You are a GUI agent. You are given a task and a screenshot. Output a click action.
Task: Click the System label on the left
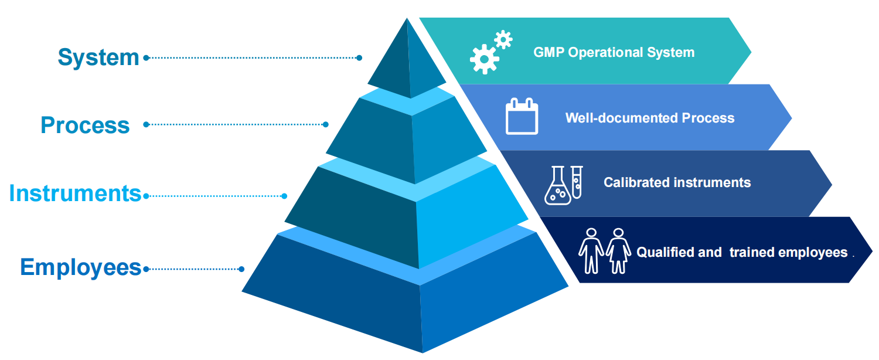coord(98,57)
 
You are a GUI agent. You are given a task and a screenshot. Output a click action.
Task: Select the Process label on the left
coord(85,125)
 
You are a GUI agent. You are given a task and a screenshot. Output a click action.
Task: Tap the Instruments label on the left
coord(76,193)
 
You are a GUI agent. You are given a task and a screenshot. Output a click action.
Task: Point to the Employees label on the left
coord(81,267)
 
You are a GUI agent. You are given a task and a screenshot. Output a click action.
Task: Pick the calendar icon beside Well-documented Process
coord(522,117)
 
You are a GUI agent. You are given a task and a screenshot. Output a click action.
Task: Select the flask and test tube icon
coord(563,185)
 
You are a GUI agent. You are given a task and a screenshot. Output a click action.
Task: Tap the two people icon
coord(604,250)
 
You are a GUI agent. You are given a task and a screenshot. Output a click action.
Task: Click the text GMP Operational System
coord(614,52)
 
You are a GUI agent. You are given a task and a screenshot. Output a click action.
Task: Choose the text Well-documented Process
coord(649,118)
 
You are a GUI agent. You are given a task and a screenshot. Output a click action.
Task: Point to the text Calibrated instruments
coord(677,182)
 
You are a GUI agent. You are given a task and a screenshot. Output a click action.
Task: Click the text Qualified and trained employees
coord(742,252)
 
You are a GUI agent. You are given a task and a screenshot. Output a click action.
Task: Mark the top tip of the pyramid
coord(407,18)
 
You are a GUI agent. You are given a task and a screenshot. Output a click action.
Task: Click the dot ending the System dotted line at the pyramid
coord(359,57)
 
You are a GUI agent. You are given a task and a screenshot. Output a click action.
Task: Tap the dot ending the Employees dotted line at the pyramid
coord(241,269)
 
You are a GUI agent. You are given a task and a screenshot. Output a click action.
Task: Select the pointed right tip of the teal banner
coord(751,51)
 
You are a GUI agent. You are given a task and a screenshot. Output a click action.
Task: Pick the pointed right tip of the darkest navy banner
coord(872,250)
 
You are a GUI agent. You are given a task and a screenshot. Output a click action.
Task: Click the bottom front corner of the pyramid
coord(422,352)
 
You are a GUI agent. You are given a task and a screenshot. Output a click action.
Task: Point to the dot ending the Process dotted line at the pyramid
coord(326,124)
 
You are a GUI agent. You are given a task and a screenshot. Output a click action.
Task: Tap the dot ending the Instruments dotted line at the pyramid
coord(285,196)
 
